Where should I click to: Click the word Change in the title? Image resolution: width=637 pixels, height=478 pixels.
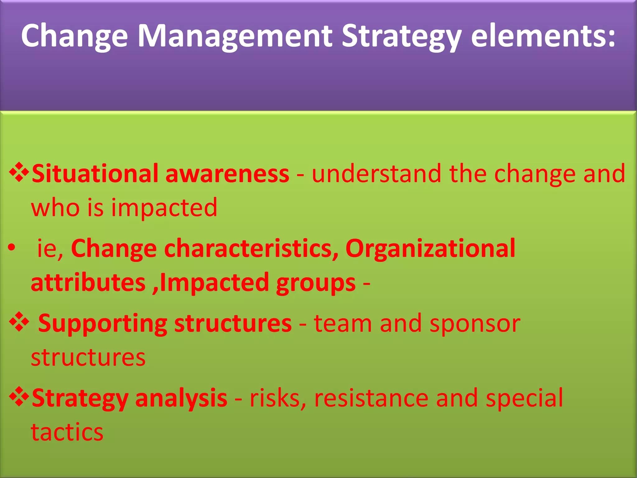pyautogui.click(x=74, y=37)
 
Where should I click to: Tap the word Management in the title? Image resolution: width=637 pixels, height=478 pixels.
pyautogui.click(x=235, y=37)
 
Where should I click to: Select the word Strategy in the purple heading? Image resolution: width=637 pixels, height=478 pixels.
pyautogui.click(x=401, y=37)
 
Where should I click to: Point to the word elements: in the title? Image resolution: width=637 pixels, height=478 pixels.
pyautogui.click(x=543, y=37)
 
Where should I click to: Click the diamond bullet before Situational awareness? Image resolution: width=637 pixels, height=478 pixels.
pyautogui.click(x=19, y=172)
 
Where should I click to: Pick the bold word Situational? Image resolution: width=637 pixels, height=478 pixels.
pyautogui.click(x=95, y=174)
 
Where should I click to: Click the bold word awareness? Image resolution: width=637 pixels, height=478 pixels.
pyautogui.click(x=227, y=174)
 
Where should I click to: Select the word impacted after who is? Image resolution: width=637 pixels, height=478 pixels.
pyautogui.click(x=164, y=208)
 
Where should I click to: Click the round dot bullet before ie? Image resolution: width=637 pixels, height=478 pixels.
pyautogui.click(x=12, y=248)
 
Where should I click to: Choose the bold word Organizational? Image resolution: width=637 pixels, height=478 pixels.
pyautogui.click(x=430, y=248)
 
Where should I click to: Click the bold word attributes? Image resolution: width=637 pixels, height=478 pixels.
pyautogui.click(x=88, y=283)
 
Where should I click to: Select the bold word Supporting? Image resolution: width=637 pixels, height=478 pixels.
pyautogui.click(x=103, y=324)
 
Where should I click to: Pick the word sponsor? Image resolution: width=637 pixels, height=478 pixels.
pyautogui.click(x=475, y=324)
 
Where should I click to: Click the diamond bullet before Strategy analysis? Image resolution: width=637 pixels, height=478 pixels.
pyautogui.click(x=19, y=396)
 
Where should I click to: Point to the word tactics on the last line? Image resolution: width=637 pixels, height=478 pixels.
pyautogui.click(x=67, y=432)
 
